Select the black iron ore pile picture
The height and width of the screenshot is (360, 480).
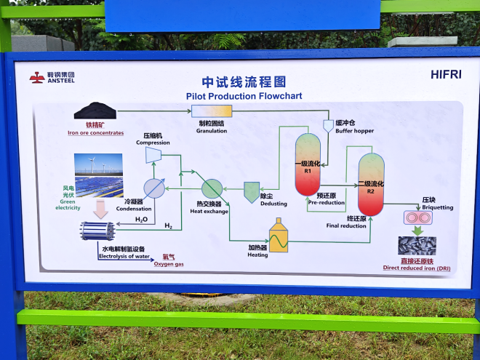(x=95, y=111)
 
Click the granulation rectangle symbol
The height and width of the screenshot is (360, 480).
(x=212, y=111)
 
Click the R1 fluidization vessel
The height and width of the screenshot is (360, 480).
(x=308, y=164)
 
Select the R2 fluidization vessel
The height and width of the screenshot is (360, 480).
(x=371, y=185)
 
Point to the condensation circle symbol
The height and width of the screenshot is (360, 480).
(x=153, y=188)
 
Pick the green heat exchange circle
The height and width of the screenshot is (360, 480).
(x=212, y=188)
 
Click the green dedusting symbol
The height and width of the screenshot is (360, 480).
(x=252, y=191)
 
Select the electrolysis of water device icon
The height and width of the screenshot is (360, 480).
(x=97, y=231)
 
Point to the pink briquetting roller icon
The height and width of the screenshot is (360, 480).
(x=417, y=217)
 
